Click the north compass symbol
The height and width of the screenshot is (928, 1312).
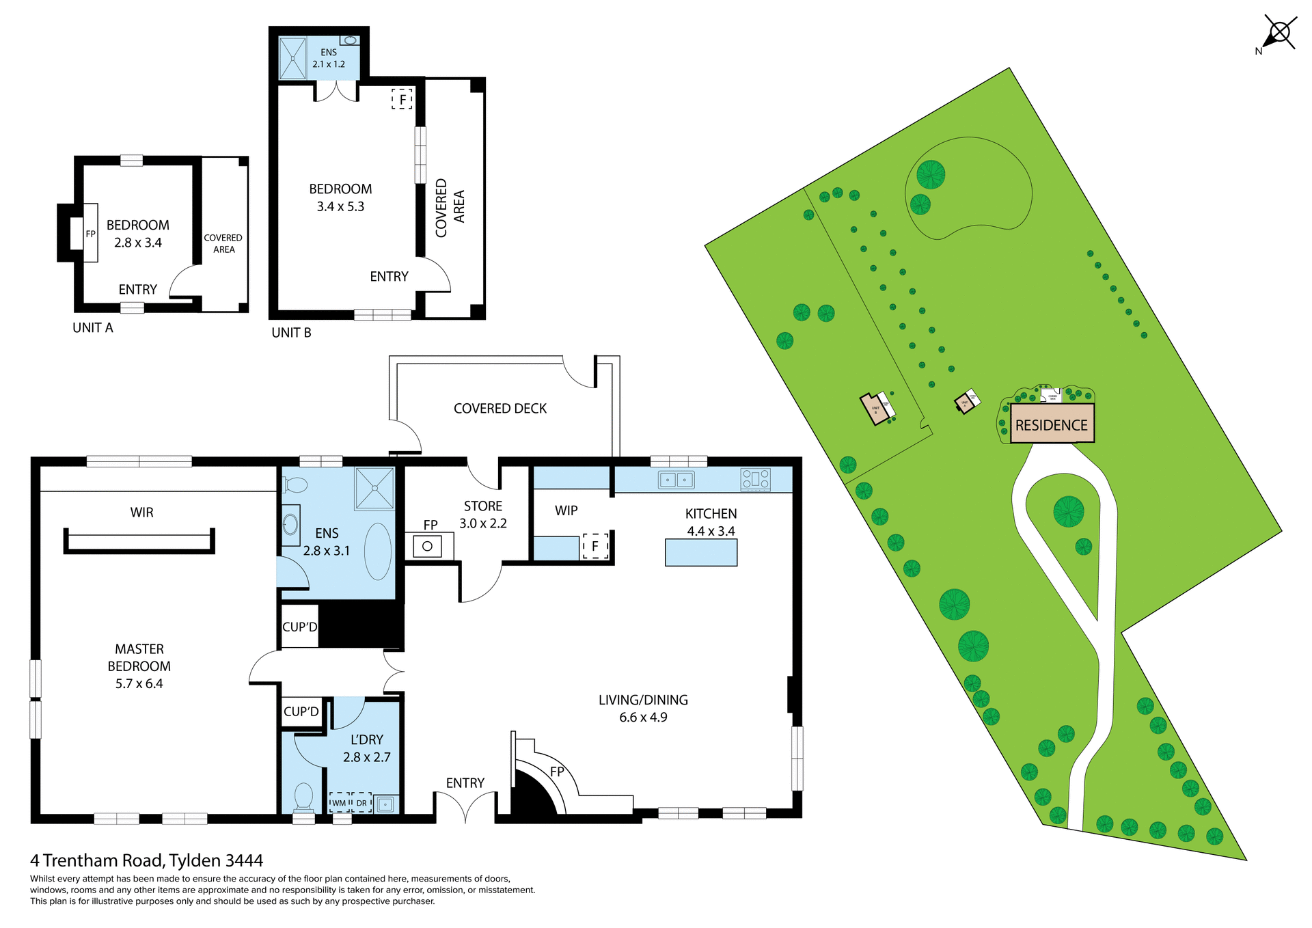(x=1279, y=32)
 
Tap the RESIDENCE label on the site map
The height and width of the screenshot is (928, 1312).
(x=1051, y=425)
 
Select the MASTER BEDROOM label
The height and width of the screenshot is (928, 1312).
(x=139, y=666)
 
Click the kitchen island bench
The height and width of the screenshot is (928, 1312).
(x=701, y=552)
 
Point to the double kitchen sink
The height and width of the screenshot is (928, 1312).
(x=676, y=480)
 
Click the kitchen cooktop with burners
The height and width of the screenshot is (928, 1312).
(x=755, y=479)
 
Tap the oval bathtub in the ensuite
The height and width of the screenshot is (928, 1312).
(x=378, y=551)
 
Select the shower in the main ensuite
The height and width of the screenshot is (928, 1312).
(x=374, y=488)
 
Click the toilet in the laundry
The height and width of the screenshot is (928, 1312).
(x=303, y=796)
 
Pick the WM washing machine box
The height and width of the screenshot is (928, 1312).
(x=340, y=802)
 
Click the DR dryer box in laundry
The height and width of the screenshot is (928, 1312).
(x=361, y=802)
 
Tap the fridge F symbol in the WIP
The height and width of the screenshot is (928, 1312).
(x=595, y=546)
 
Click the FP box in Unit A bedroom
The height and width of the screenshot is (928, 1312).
(x=90, y=233)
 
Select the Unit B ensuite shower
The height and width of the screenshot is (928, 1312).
(x=293, y=58)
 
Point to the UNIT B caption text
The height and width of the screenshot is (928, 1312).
(x=291, y=333)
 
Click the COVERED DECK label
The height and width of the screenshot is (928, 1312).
(x=500, y=409)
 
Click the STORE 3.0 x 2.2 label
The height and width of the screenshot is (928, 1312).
(x=482, y=515)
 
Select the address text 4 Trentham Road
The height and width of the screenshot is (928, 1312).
(x=146, y=860)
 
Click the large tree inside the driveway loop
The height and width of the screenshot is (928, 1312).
(x=1069, y=511)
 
